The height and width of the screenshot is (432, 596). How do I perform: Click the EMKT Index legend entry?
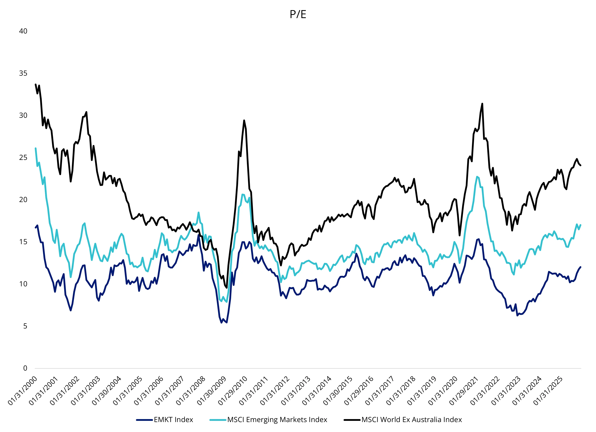click(173, 420)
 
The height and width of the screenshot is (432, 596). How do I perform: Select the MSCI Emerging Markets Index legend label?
click(277, 420)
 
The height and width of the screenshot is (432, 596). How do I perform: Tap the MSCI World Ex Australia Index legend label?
click(412, 420)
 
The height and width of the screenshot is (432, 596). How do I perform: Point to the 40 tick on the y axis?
click(23, 31)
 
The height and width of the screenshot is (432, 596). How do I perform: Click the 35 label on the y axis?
click(23, 73)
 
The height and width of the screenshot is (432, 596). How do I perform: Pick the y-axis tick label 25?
click(23, 157)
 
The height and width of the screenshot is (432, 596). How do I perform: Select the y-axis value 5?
click(25, 326)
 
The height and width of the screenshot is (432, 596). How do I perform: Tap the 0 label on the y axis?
click(25, 368)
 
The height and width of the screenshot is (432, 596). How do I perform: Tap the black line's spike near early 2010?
click(244, 121)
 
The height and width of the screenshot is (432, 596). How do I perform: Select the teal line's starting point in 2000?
click(35, 148)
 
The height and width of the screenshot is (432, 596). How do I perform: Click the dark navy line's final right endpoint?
click(580, 267)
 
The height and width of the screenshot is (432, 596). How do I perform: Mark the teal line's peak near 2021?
click(477, 176)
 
